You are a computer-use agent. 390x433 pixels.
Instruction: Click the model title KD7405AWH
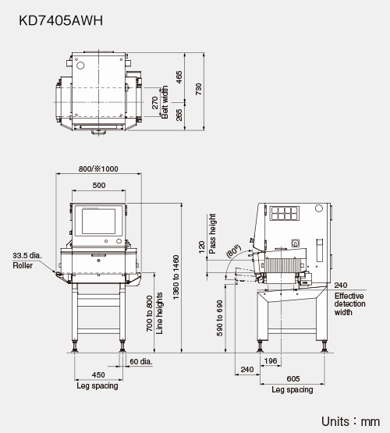pos(61,20)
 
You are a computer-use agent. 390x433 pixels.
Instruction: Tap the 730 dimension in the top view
pos(198,89)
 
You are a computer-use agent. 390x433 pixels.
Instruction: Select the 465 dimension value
pos(179,77)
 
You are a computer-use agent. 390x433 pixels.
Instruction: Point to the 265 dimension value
pos(179,115)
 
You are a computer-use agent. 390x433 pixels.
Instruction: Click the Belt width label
pos(165,102)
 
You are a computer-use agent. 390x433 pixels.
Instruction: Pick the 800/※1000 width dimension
pos(98,169)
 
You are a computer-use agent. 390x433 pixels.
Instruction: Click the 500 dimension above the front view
pos(99,186)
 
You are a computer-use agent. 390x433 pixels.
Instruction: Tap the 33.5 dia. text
pos(27,255)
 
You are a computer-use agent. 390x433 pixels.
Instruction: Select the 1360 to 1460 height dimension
pos(175,277)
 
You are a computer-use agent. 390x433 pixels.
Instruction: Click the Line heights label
pos(160,314)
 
